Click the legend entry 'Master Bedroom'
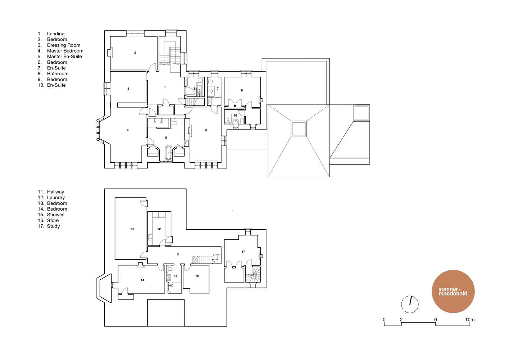tap(65, 51)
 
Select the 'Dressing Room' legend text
tap(64, 45)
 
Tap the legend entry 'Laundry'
tap(56, 197)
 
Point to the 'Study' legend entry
tap(53, 226)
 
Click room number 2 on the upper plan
tap(135, 53)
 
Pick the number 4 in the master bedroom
tap(128, 130)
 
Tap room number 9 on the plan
tap(242, 90)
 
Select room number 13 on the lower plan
tap(132, 229)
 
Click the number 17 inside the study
tap(243, 252)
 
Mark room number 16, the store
tap(197, 276)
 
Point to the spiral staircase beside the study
tap(253, 274)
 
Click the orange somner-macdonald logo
tap(453, 291)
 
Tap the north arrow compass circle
tap(410, 304)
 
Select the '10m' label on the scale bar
tap(470, 320)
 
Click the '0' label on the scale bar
tap(384, 320)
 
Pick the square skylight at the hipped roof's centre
tap(299, 129)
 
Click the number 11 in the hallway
tap(178, 255)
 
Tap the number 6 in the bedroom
tap(206, 130)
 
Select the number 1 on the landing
tap(165, 87)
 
